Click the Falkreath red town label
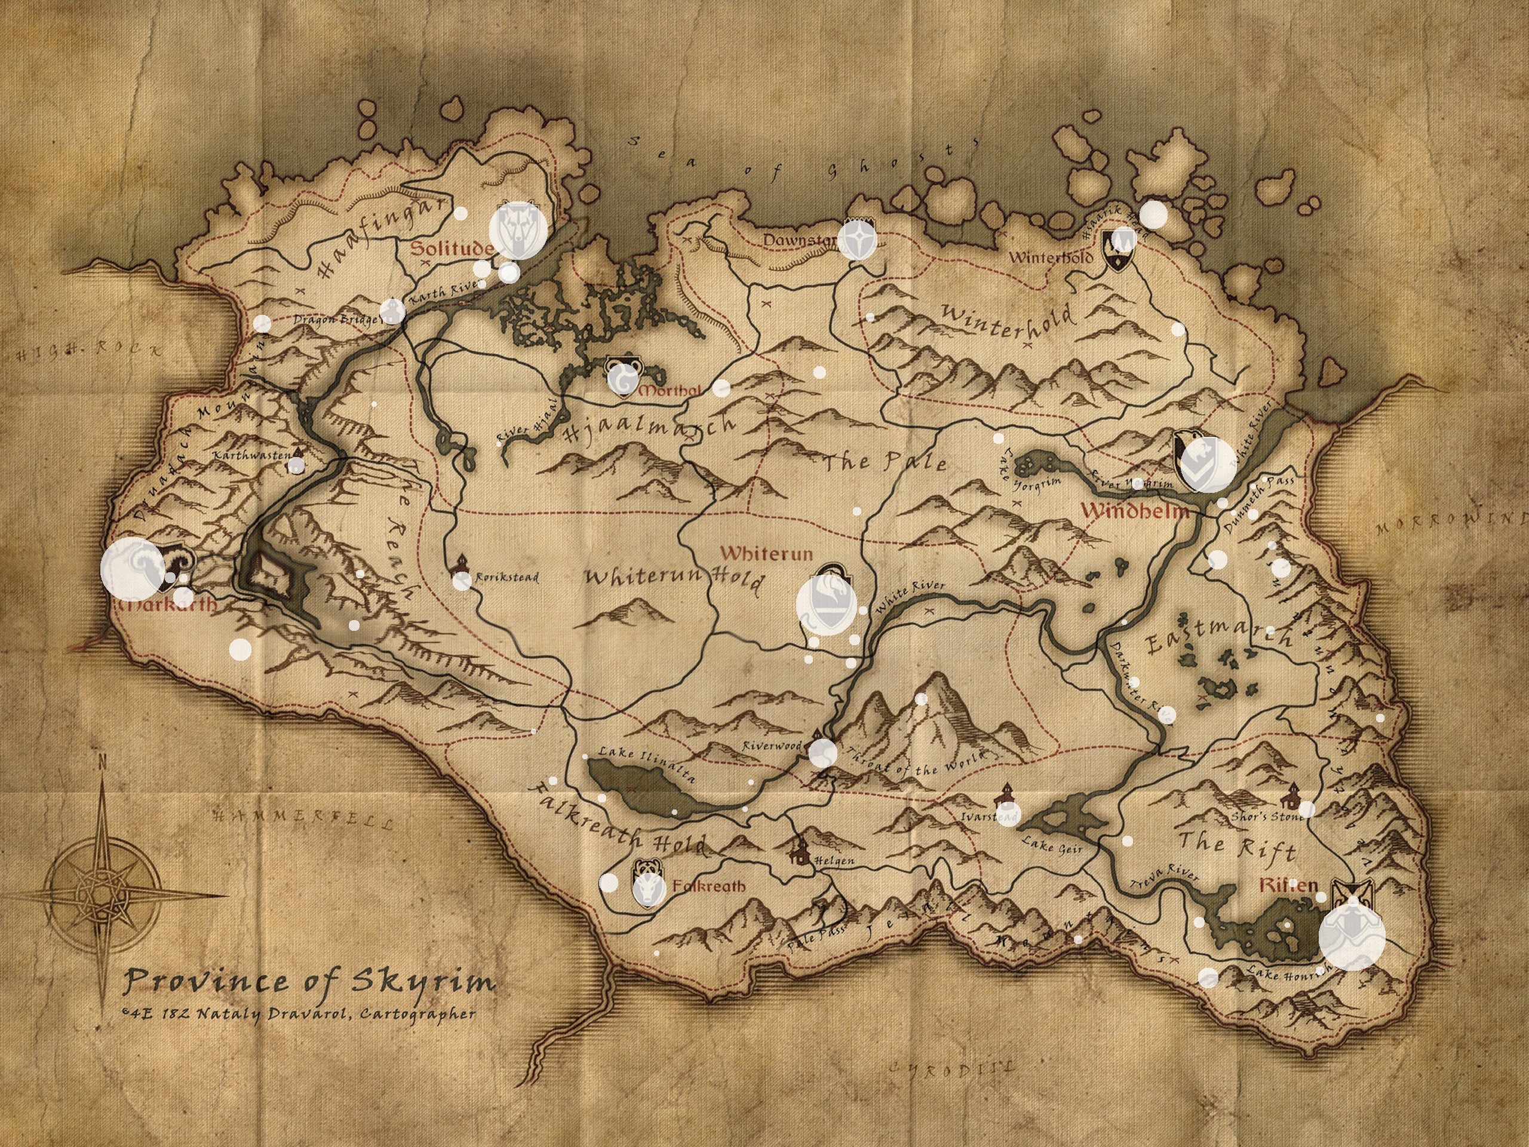click(x=708, y=886)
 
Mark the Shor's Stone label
click(x=1268, y=816)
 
